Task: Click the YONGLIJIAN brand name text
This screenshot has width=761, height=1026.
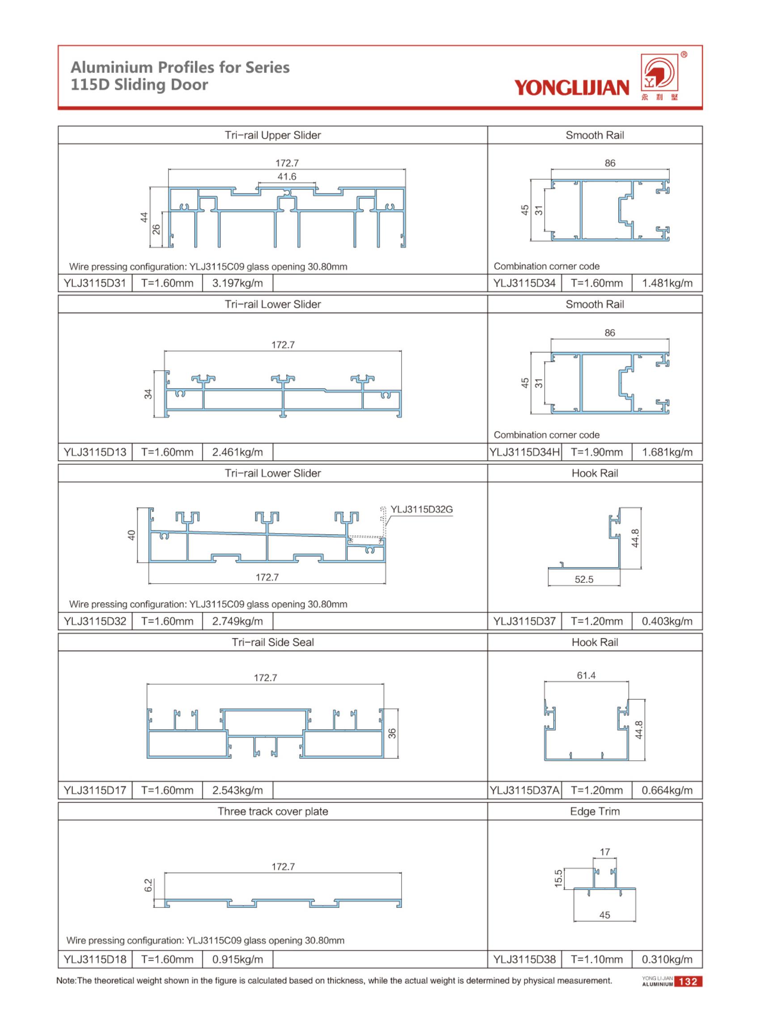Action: click(x=571, y=87)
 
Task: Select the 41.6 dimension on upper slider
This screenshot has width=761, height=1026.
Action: click(x=287, y=177)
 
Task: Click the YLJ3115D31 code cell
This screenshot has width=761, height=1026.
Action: click(x=95, y=283)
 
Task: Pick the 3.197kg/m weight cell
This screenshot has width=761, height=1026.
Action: click(x=237, y=283)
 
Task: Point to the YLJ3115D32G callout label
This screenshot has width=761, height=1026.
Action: click(x=421, y=509)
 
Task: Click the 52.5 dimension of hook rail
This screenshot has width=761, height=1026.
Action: click(x=583, y=580)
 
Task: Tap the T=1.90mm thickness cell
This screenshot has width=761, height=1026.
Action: click(x=596, y=452)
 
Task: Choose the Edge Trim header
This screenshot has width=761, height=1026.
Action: click(x=595, y=811)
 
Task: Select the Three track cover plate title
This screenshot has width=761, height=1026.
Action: click(x=273, y=811)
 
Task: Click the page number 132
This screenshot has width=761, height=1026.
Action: click(x=688, y=981)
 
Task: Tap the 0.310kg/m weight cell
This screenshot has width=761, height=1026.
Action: click(x=667, y=959)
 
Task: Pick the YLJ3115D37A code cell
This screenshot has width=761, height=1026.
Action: click(x=524, y=790)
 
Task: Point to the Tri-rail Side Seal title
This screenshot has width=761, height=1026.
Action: click(x=273, y=642)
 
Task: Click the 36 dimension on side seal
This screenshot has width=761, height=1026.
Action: click(x=392, y=733)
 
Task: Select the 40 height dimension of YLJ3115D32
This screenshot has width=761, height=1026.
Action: click(x=132, y=535)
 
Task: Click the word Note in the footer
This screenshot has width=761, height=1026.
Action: click(x=66, y=980)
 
